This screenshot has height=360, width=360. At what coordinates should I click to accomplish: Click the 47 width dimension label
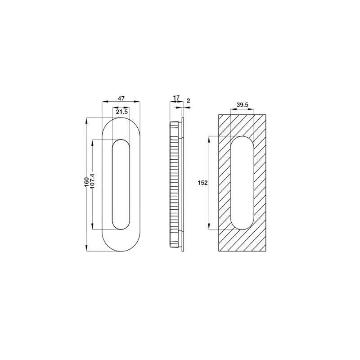tap(121, 99)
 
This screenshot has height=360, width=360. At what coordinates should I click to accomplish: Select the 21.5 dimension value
tap(121, 112)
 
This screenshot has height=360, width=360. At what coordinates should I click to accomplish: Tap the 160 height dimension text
tap(86, 182)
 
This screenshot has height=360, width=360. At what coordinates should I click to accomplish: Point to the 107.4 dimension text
tap(92, 181)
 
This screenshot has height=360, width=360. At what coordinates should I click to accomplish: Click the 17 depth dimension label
tap(176, 98)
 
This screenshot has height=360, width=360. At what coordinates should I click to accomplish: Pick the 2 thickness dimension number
tap(189, 101)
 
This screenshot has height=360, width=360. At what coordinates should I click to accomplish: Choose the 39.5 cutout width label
tap(243, 105)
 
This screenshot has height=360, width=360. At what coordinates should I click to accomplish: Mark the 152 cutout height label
tap(203, 183)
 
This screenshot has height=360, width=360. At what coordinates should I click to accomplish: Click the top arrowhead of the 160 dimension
tap(86, 121)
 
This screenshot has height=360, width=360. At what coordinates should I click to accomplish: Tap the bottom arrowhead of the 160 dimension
tap(86, 248)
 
